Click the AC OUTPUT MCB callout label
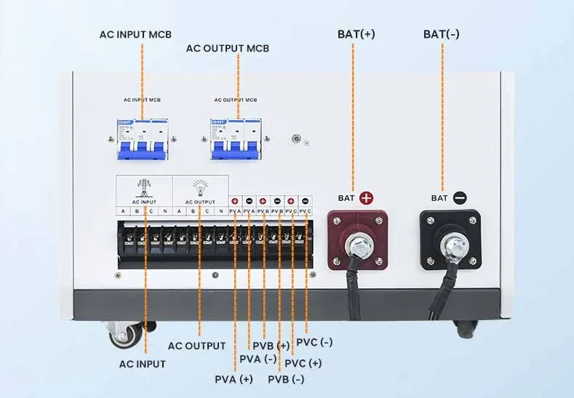[228, 49]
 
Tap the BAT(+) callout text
[356, 34]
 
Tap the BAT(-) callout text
[442, 34]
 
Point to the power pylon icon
[143, 186]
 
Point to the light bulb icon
[199, 186]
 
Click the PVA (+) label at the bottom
[234, 379]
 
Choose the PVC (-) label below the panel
[314, 342]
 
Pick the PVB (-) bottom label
[286, 379]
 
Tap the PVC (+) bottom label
[303, 363]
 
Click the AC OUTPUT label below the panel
[197, 346]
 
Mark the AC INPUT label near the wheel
[143, 364]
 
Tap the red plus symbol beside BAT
[366, 197]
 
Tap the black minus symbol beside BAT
[460, 197]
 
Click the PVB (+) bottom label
[271, 345]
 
